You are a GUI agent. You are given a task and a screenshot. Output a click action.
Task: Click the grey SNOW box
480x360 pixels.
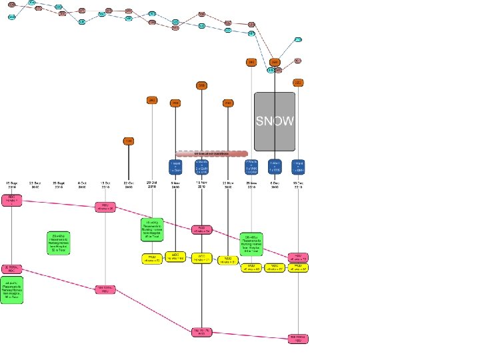[274, 121]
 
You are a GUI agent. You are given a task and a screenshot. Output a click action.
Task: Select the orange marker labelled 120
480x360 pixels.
[128, 141]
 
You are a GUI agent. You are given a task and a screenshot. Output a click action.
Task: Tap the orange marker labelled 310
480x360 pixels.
[201, 85]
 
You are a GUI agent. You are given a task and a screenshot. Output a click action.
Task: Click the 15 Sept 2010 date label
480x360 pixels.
[12, 185]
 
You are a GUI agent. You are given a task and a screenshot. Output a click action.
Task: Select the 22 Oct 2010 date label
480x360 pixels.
[128, 185]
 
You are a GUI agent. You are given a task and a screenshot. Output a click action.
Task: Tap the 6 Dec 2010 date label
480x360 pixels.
[275, 185]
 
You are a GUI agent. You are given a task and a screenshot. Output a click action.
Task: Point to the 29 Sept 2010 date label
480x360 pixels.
[59, 185]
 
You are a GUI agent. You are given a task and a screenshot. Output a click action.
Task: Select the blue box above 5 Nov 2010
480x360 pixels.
[175, 166]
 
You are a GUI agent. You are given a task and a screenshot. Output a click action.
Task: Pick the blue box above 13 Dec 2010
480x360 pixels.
[299, 166]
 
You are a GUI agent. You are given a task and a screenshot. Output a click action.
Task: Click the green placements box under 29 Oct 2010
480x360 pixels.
[152, 229]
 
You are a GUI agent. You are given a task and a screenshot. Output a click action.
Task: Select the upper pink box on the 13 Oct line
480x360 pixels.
[105, 207]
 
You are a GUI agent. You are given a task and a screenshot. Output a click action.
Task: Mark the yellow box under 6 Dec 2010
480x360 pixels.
[275, 267]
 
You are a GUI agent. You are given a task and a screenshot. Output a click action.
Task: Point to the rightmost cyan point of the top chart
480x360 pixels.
[298, 40]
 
